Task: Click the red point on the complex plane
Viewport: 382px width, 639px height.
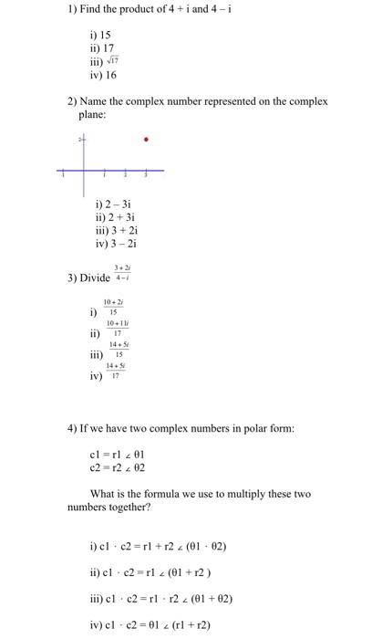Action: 148,140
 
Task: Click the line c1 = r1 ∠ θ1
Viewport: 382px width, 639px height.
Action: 113,454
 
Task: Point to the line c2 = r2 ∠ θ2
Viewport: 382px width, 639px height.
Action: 113,466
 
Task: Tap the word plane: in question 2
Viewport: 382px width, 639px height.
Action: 95,115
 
